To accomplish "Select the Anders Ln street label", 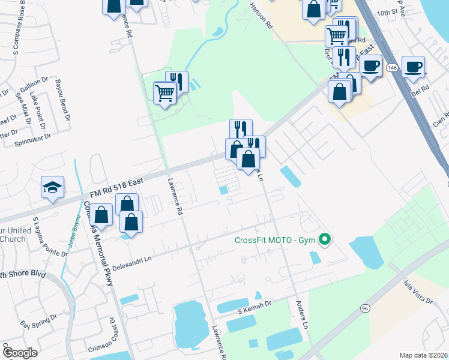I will (302, 314).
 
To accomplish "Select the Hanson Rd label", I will (261, 16).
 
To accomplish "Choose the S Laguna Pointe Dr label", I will (50, 237).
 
